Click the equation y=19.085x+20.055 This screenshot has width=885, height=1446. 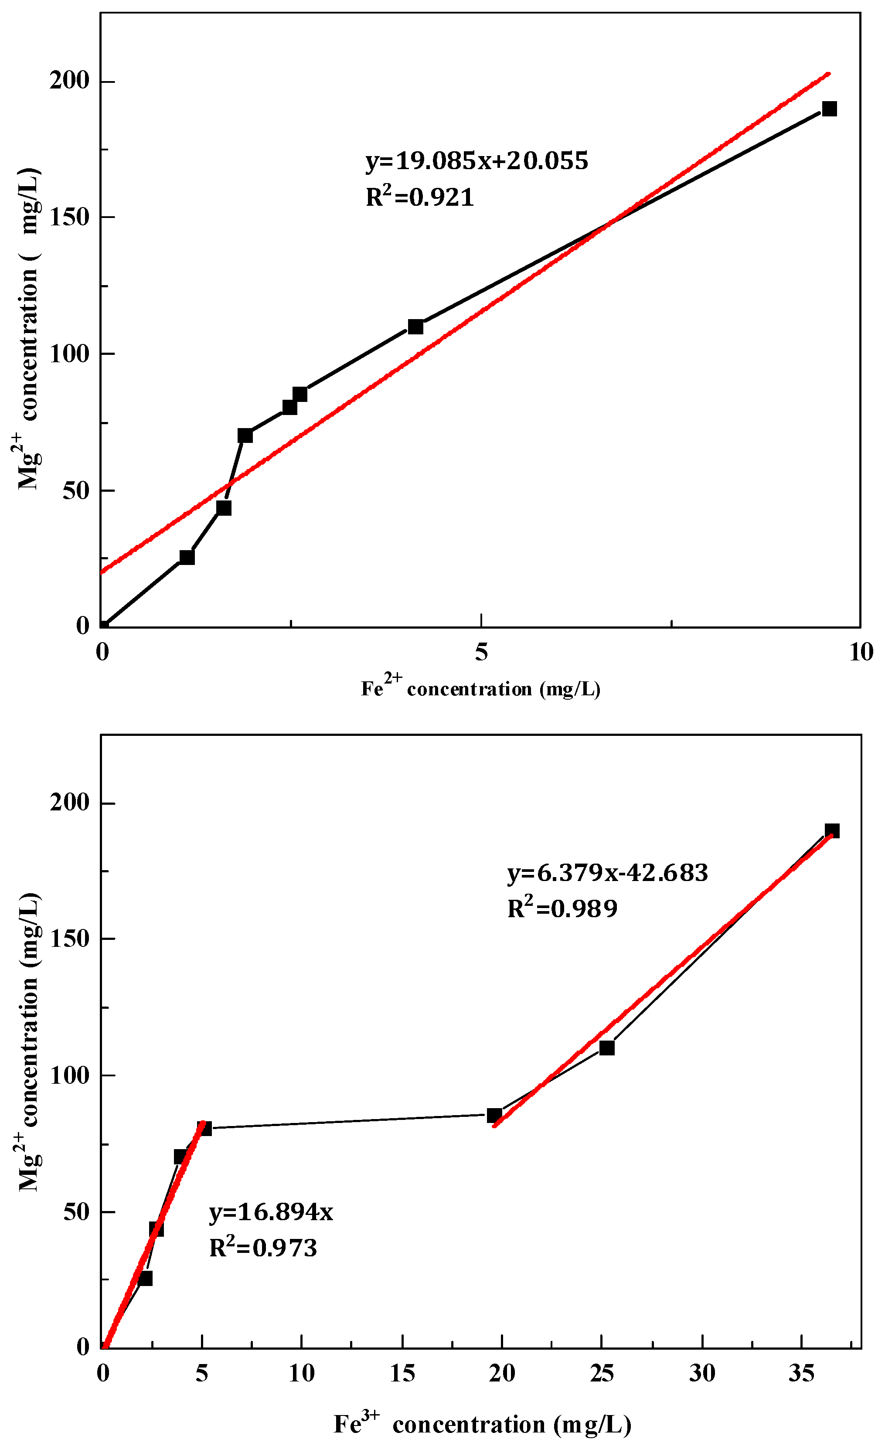[476, 161]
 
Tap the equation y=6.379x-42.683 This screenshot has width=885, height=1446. [607, 873]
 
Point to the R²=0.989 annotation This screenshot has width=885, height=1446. [562, 908]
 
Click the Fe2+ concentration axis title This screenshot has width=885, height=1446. [480, 688]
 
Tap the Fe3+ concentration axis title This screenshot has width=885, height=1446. [483, 1424]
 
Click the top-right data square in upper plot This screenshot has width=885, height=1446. [829, 109]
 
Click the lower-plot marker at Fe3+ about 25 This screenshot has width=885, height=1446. [607, 1048]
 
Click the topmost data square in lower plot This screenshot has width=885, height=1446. [832, 830]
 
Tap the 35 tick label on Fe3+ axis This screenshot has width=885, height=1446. [801, 1373]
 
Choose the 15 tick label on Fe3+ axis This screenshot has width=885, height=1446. [402, 1373]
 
